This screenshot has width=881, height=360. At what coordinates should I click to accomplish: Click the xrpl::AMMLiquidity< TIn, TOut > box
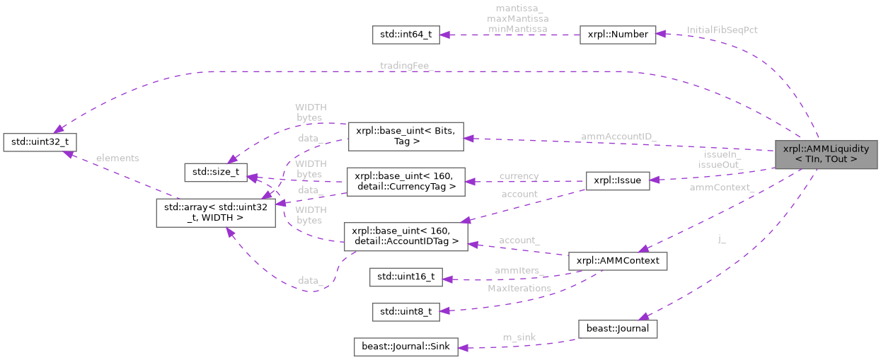coord(826,153)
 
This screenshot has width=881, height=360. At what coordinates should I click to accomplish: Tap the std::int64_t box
coord(406,35)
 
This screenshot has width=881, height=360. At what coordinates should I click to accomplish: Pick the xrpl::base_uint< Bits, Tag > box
coord(406,136)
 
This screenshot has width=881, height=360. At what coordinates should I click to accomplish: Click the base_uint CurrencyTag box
coord(405,181)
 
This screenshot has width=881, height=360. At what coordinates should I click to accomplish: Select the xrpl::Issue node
coord(618,181)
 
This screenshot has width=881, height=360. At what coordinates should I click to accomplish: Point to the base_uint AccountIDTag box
coord(405,236)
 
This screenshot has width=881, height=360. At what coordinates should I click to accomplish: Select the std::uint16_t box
coord(406,277)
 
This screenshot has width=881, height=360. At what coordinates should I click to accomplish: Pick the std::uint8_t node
coord(406,310)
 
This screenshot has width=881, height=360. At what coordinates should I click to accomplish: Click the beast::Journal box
coord(618,328)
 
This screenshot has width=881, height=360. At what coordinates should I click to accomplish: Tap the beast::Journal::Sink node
coord(405,347)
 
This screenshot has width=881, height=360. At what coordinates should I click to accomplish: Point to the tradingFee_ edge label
coord(405,66)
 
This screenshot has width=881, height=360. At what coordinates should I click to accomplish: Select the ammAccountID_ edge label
coord(618,136)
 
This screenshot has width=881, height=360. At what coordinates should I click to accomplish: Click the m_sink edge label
coord(519,337)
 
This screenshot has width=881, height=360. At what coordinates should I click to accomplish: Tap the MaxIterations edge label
coord(519,288)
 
